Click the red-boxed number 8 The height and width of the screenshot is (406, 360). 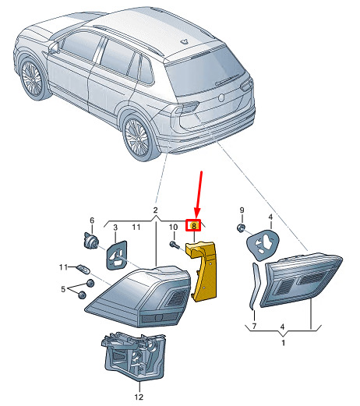[193, 225]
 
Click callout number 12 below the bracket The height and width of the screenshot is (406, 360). [139, 397]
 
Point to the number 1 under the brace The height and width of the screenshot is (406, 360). [283, 343]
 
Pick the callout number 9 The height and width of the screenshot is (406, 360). [242, 210]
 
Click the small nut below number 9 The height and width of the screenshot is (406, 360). [240, 228]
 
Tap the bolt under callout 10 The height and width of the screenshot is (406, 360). [174, 244]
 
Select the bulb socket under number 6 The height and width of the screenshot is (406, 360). [91, 240]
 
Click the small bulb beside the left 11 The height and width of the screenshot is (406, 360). [83, 269]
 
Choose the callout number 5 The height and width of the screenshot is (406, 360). [63, 289]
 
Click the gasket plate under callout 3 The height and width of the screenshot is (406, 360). [117, 256]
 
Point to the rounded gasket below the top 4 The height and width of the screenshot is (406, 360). [263, 245]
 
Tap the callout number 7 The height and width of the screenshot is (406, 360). [254, 326]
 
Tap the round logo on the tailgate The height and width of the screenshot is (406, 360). [221, 97]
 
